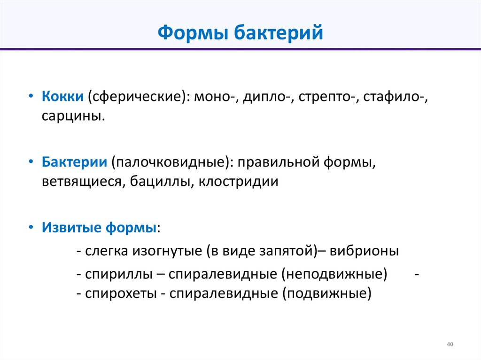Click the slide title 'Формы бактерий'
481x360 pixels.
click(240, 33)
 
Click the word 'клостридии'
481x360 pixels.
click(239, 182)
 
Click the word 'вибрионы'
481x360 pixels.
click(365, 251)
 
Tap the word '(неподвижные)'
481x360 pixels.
click(334, 274)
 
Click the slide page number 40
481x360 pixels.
click(450, 345)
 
